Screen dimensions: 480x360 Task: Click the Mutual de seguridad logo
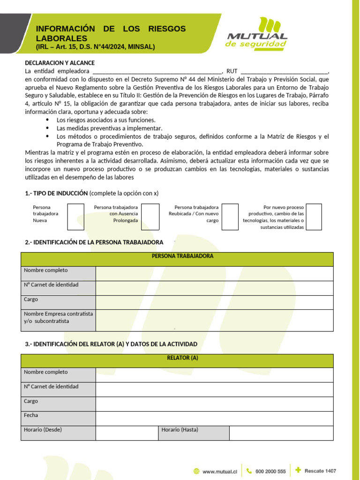coord(257,33)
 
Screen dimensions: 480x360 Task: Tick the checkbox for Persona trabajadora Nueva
coord(75,217)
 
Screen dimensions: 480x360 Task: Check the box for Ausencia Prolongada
coord(150,217)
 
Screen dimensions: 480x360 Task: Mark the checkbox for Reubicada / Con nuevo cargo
coord(230,217)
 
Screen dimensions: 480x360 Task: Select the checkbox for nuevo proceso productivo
coord(314,217)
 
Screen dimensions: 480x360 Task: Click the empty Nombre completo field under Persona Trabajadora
coord(214,274)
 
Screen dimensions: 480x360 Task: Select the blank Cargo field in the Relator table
coord(214,404)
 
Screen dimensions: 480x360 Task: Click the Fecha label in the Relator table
coord(31,415)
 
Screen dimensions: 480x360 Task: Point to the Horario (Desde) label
coord(43,429)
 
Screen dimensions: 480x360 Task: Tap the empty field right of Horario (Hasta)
coord(281,433)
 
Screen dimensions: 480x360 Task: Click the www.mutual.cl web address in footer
coord(220,472)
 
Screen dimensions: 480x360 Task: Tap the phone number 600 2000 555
coord(270,472)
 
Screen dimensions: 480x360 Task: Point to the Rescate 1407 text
coord(320,471)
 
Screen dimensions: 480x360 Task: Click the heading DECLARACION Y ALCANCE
coord(60,63)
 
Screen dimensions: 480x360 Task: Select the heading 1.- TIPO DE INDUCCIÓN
coord(56,193)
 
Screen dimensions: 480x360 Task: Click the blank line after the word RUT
coord(284,72)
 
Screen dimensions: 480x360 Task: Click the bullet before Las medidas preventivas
coord(48,128)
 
